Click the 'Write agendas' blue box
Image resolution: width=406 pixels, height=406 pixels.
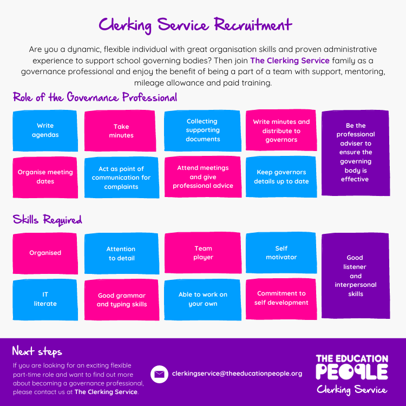(x=45, y=130)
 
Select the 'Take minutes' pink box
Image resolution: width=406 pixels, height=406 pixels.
(x=120, y=130)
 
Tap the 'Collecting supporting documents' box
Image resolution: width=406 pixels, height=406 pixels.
(x=203, y=130)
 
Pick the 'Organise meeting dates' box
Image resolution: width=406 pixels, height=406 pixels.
(x=45, y=177)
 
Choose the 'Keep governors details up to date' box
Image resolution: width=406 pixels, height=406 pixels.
(x=281, y=176)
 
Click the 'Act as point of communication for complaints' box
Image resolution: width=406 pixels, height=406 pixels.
(x=122, y=178)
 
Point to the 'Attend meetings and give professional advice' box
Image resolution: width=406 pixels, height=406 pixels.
(x=203, y=176)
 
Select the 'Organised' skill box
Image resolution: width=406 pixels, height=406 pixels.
(x=45, y=253)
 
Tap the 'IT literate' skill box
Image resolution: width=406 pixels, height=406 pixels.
(x=45, y=299)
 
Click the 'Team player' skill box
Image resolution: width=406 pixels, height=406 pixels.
(x=203, y=253)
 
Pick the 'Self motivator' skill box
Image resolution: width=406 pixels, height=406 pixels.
(x=281, y=253)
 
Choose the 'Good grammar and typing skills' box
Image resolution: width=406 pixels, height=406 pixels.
(x=122, y=300)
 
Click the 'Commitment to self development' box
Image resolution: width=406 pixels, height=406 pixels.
(x=281, y=299)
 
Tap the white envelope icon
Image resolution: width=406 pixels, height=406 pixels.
(x=159, y=374)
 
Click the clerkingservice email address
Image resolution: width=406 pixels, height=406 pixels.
(x=237, y=374)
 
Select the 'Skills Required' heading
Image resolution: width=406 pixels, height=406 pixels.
(x=48, y=220)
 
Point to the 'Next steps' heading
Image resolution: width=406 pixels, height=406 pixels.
(x=37, y=351)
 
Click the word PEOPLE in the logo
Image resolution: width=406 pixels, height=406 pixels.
(x=352, y=372)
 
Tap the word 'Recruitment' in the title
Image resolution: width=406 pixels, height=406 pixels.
(x=253, y=25)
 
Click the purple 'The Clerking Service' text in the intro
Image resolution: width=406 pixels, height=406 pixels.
(x=290, y=61)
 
